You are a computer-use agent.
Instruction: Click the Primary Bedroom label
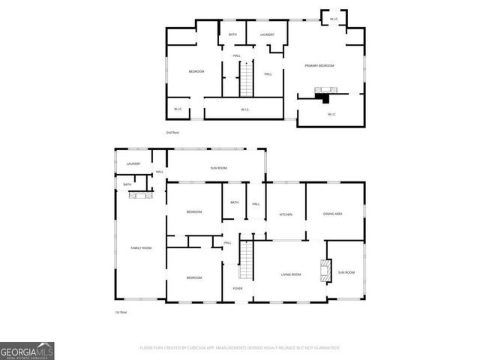[x=319, y=66]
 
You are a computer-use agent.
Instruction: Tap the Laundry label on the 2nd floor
[x=267, y=34]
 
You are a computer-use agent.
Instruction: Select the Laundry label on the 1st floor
[x=133, y=163]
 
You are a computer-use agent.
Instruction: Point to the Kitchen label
[x=286, y=214]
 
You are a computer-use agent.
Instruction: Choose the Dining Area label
[x=332, y=214]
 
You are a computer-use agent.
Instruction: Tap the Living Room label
[x=291, y=274]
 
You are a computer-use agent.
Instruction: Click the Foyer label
[x=237, y=288]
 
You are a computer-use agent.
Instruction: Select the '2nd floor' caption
[x=173, y=132]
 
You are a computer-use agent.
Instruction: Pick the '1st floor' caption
[x=121, y=312]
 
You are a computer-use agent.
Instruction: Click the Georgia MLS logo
[x=27, y=350]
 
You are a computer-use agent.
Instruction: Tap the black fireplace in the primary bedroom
[x=323, y=96]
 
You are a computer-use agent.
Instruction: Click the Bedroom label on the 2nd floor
[x=196, y=71]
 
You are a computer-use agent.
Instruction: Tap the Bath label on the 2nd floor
[x=232, y=34]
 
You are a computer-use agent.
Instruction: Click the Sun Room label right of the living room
[x=346, y=272]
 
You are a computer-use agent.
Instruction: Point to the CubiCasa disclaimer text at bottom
[x=240, y=348]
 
